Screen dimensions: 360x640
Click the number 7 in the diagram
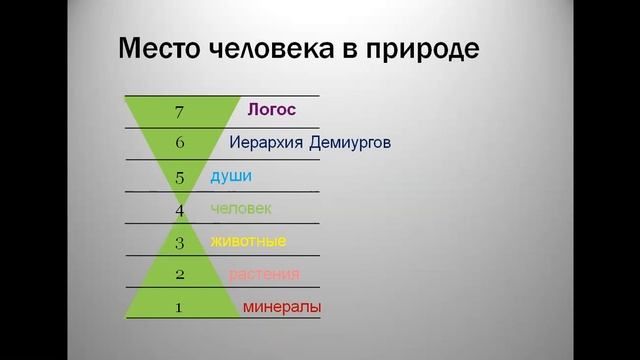point(180,110)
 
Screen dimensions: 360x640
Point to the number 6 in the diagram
point(180,143)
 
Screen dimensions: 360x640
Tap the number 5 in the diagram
point(180,177)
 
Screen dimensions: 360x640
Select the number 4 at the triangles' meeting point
point(180,209)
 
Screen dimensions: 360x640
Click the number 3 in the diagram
point(180,242)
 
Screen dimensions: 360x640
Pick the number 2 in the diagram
point(180,274)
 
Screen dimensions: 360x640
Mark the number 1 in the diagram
point(179,307)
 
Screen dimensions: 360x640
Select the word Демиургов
point(351,143)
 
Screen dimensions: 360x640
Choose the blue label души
point(231,176)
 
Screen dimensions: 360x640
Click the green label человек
point(241,209)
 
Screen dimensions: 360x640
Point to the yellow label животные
point(249,241)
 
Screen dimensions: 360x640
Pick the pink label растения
point(264,274)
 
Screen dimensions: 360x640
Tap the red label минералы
point(282,307)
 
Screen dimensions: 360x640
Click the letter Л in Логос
point(253,110)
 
